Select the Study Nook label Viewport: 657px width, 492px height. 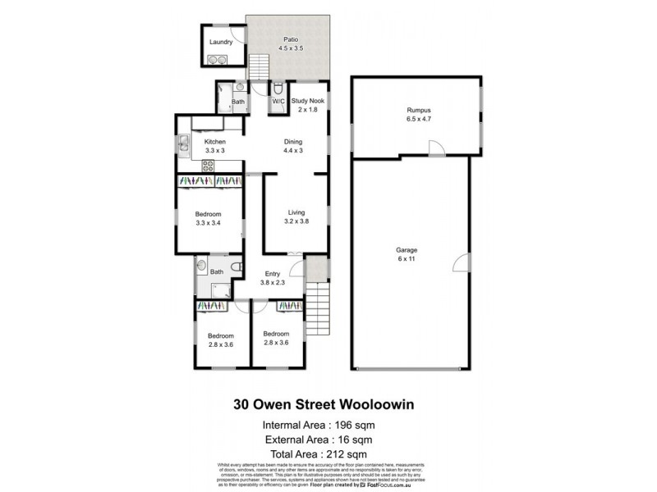(308, 105)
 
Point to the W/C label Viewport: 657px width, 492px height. (278, 102)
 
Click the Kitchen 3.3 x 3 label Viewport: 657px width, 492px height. (214, 147)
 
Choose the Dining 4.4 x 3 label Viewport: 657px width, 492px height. (293, 146)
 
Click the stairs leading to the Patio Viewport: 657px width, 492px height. (260, 66)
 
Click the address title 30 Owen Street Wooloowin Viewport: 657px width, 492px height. (327, 403)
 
